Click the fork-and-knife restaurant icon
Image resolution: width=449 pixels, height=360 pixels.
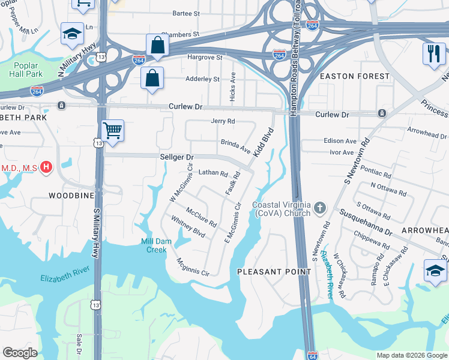(x=432, y=53)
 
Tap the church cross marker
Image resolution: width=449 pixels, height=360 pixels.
(x=320, y=209)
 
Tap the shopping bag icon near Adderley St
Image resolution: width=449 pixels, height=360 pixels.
(x=152, y=78)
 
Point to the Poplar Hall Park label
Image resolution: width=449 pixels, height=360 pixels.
(x=26, y=69)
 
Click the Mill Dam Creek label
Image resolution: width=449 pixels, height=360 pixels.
(x=154, y=245)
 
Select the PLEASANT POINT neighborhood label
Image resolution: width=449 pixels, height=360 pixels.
(x=274, y=272)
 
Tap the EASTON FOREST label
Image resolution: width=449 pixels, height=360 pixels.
(x=355, y=76)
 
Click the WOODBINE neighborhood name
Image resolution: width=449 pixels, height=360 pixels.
(x=72, y=196)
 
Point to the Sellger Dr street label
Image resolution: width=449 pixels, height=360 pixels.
(x=177, y=157)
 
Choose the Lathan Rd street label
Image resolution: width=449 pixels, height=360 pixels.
(x=213, y=173)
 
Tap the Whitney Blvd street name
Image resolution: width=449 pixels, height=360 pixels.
(x=188, y=227)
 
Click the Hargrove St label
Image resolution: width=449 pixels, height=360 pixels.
(x=205, y=58)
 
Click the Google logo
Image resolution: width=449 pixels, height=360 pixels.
(x=20, y=353)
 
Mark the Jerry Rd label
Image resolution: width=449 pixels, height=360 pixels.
(x=223, y=121)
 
